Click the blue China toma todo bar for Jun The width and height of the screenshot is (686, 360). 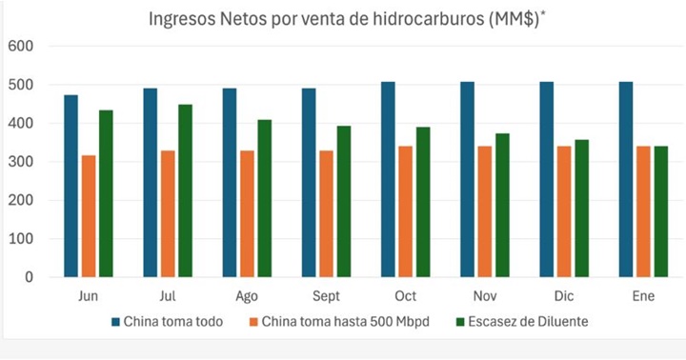pyautogui.click(x=71, y=186)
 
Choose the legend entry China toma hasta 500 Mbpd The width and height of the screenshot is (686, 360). pyautogui.click(x=340, y=321)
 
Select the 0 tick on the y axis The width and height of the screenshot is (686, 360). pyautogui.click(x=28, y=277)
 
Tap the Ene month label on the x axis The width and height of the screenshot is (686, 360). pyautogui.click(x=642, y=296)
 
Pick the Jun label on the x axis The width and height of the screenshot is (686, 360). pyautogui.click(x=89, y=296)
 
